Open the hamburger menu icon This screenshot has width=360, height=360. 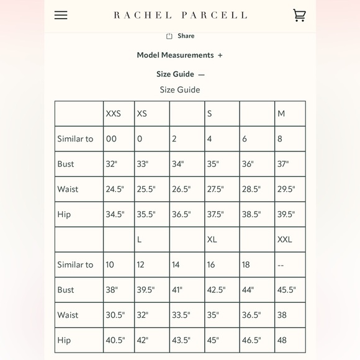coord(61,15)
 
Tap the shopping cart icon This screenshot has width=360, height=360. coord(299,15)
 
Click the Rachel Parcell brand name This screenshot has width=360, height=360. coord(180,15)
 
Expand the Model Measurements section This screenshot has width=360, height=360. coord(179,55)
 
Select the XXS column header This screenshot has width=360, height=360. coord(114,114)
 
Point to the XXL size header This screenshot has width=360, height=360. coord(285,240)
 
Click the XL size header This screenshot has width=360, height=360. coord(212,240)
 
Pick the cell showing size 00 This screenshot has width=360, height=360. coord(111,139)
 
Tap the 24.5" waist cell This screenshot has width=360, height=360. coord(115,189)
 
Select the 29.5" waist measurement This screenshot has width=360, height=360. coord(286,189)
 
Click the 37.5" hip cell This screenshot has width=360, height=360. coord(215,214)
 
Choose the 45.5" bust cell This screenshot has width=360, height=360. coord(287,290)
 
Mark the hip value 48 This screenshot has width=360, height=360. coord(282,340)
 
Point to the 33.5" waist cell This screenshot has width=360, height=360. coord(181,315)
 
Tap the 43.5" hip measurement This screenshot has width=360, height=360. coord(181,340)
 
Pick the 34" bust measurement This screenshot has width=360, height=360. coord(178,164)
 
